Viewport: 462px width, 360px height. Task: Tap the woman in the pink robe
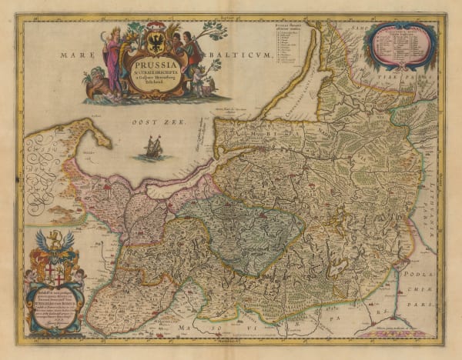point(115,62)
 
